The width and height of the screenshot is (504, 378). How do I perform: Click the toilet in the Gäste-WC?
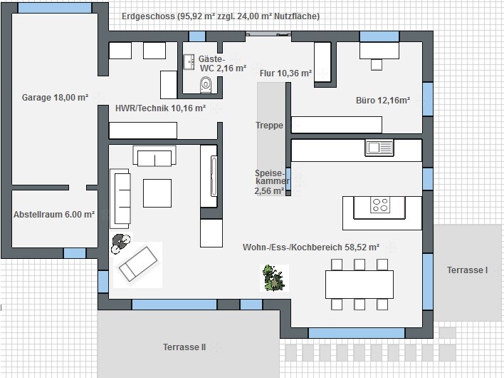[206, 85]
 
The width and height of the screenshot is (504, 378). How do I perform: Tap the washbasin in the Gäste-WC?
[189, 62]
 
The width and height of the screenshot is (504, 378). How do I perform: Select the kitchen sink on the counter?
[379, 148]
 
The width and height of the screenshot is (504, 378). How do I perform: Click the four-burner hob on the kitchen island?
[380, 205]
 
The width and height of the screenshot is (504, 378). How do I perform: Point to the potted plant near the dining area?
[274, 278]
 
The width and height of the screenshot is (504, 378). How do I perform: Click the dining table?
[359, 285]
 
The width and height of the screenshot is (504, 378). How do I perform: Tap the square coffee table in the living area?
[157, 193]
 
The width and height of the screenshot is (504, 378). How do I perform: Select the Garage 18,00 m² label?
[55, 98]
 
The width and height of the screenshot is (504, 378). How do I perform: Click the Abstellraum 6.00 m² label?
[54, 215]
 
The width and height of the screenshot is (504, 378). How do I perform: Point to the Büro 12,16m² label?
[383, 101]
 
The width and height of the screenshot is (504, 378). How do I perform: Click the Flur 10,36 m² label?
[285, 73]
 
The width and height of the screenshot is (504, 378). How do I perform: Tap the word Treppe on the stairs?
[269, 126]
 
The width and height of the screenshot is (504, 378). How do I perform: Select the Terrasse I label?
[468, 270]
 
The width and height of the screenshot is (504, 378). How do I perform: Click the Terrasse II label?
[184, 347]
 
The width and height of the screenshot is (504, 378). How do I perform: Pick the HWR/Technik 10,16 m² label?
[160, 108]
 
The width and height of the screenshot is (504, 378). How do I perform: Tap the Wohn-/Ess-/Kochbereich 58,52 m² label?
[311, 247]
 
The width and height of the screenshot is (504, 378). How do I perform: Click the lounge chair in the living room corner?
[138, 264]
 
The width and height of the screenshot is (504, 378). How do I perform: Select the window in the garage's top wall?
[55, 8]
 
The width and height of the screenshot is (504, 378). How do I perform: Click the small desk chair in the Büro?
[377, 65]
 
